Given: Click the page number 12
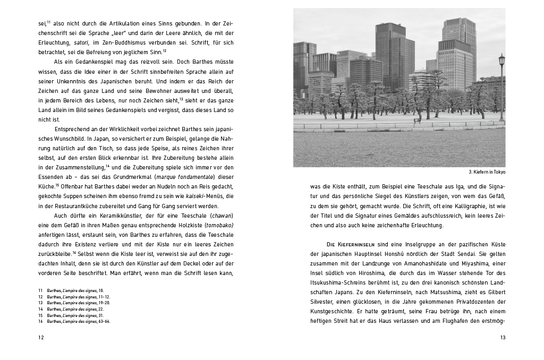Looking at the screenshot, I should pyautogui.click(x=41, y=337).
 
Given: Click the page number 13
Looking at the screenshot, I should pyautogui.click(x=503, y=337).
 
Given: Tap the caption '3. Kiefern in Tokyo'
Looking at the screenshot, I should pyautogui.click(x=487, y=172).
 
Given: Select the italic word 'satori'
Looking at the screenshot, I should pyautogui.click(x=81, y=44).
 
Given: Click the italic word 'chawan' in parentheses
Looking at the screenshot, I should pyautogui.click(x=222, y=216).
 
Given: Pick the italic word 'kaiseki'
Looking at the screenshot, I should pyautogui.click(x=196, y=196).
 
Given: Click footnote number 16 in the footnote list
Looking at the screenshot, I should pyautogui.click(x=40, y=321).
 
